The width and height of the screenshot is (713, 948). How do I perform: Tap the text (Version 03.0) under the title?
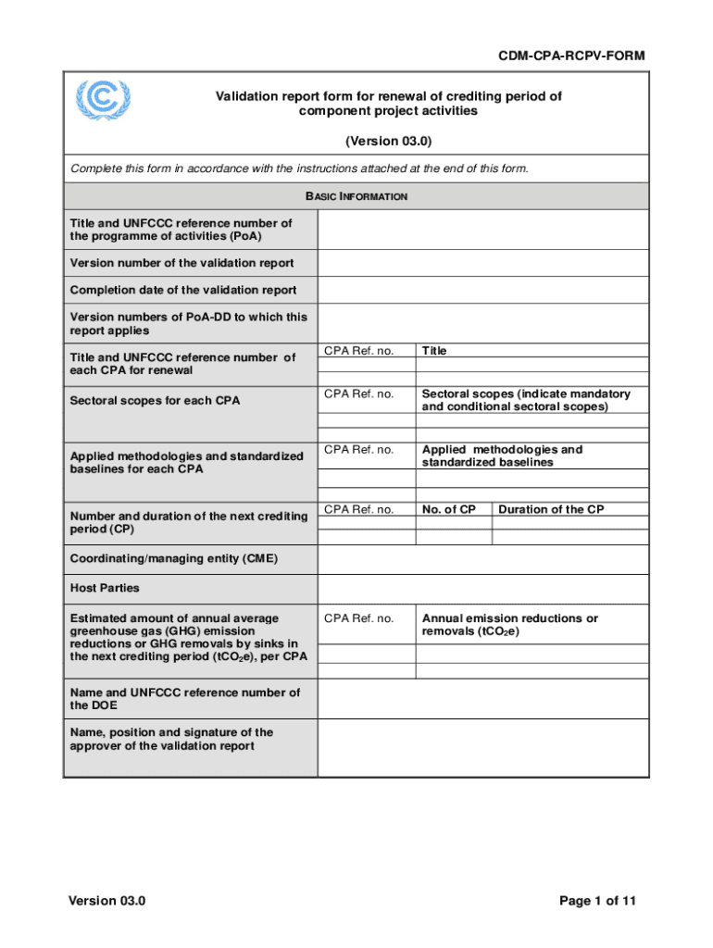pos(389,142)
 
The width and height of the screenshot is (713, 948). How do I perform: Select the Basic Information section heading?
pos(356,196)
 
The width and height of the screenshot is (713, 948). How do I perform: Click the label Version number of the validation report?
pos(182,263)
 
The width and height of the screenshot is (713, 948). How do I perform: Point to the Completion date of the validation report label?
pos(183,290)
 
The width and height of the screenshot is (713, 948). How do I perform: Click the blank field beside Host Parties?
pos(482,588)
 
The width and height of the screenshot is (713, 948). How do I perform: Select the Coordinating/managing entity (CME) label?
pos(174,558)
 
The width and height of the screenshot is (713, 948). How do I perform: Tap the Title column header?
pos(434,351)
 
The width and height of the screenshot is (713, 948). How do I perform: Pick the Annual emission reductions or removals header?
pos(510,624)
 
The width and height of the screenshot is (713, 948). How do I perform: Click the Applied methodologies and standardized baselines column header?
pos(503,455)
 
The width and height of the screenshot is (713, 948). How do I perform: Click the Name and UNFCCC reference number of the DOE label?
pos(185,699)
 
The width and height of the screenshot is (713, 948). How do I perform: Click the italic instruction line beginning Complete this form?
pos(299,168)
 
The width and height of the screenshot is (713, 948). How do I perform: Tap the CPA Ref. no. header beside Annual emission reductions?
pos(359,617)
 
